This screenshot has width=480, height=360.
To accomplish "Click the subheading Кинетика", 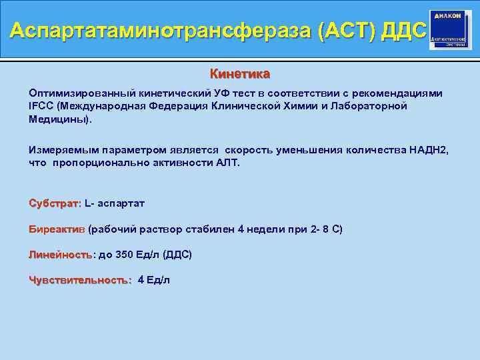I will [x=240, y=73].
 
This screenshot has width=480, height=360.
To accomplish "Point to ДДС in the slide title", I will [x=401, y=31].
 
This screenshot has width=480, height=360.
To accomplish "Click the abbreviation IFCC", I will [x=41, y=106].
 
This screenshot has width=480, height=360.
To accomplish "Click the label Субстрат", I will [x=54, y=203].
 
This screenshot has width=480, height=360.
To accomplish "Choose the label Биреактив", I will [x=57, y=229].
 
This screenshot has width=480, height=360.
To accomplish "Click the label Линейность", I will [x=61, y=255].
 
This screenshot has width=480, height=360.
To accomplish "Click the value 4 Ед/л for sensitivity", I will [x=153, y=280].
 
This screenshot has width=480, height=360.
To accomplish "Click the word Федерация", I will [x=185, y=106].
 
